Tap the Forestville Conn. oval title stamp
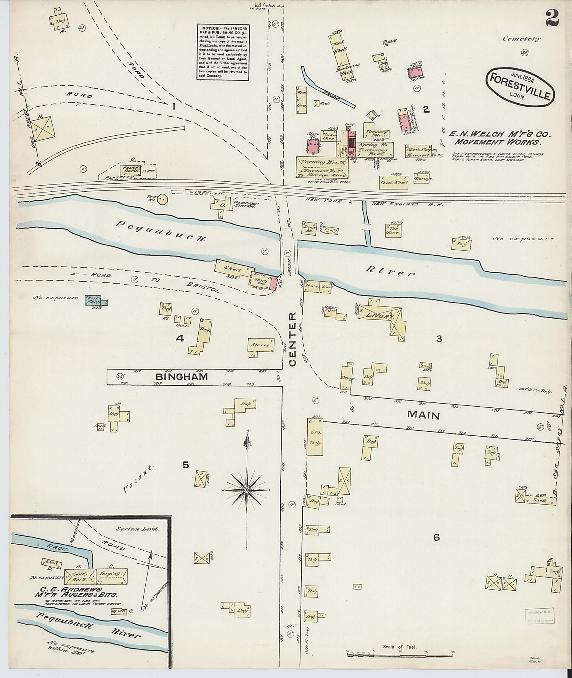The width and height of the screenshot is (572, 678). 520,84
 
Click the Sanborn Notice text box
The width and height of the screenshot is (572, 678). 223,52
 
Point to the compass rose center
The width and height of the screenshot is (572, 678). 247,489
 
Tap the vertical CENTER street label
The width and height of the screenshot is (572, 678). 292,339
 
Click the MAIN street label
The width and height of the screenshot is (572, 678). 423,415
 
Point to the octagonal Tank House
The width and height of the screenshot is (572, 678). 162,199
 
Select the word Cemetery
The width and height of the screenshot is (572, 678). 521,38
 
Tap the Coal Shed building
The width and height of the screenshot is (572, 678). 394,182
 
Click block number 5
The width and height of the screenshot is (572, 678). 185,465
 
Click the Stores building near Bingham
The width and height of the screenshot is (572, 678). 261,345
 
